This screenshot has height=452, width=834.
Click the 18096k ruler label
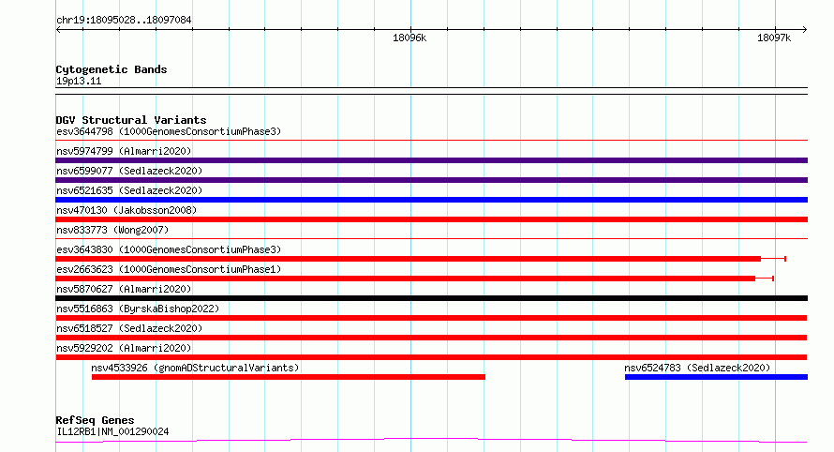(x=410, y=38)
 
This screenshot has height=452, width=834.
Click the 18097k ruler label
(x=774, y=38)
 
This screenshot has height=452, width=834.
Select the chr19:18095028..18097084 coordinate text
(x=124, y=21)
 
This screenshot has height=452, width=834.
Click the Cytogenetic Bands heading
(x=112, y=69)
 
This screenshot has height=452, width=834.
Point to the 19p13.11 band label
(x=79, y=81)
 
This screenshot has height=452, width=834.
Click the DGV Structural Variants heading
(x=131, y=120)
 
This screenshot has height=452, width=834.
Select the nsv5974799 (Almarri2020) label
(x=124, y=151)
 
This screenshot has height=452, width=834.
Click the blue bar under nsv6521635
(x=431, y=200)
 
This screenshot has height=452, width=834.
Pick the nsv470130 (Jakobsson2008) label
(x=127, y=210)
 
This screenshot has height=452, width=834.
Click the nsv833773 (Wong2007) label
(x=112, y=230)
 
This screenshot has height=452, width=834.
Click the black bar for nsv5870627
(x=431, y=298)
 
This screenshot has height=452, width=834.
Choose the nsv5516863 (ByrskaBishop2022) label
(x=138, y=309)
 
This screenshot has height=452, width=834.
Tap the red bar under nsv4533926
(x=289, y=377)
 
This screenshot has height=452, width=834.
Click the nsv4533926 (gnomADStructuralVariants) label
(x=195, y=368)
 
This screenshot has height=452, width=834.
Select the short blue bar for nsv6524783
(x=716, y=377)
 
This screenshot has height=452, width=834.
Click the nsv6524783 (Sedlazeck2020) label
(x=697, y=368)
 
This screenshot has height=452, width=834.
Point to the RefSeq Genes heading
(x=95, y=420)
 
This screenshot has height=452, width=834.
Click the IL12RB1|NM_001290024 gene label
(x=112, y=431)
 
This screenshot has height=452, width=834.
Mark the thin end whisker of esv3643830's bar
(x=773, y=259)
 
